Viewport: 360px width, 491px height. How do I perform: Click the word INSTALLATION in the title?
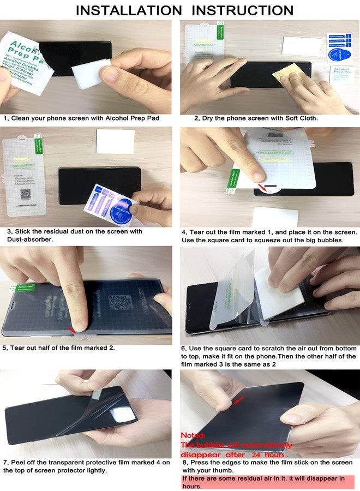point(128,10)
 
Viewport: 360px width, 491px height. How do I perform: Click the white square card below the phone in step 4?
point(282,217)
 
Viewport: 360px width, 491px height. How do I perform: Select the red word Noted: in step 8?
point(194,435)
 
